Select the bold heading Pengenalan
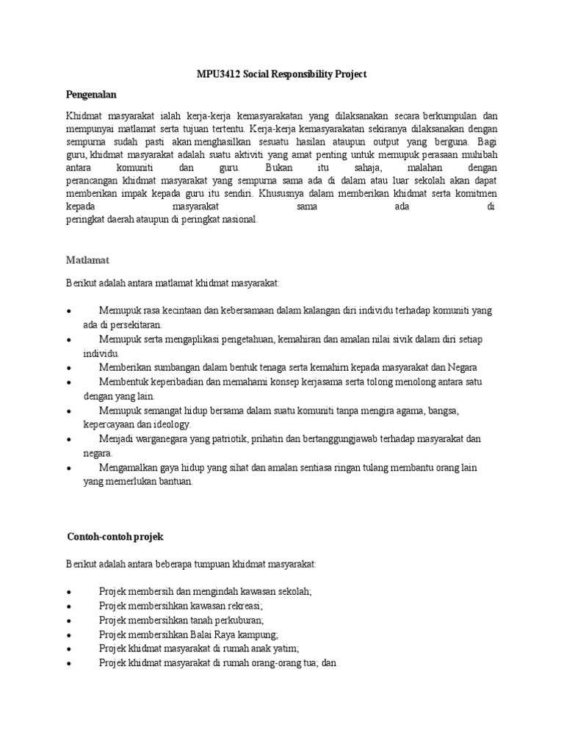click(x=92, y=95)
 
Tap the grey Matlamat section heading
click(x=87, y=260)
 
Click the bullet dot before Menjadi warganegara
click(x=68, y=439)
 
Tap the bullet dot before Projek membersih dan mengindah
click(x=68, y=592)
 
